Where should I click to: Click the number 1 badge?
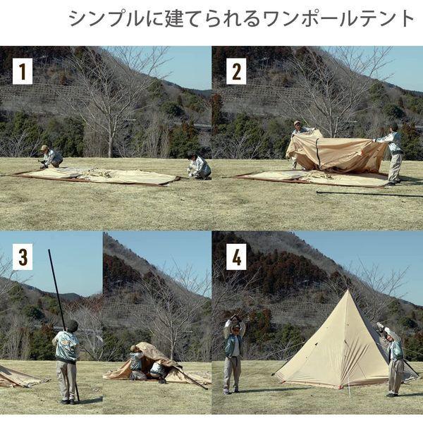click(23, 71)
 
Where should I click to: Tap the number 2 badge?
click(236, 71)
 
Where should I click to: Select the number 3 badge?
click(23, 257)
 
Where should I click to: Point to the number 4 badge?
click(236, 257)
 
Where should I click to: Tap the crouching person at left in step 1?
click(50, 157)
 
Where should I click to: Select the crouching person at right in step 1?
click(199, 166)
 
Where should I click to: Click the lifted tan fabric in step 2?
click(337, 153)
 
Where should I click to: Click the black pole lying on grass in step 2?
click(367, 193)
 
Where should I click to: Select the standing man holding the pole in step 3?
click(68, 360)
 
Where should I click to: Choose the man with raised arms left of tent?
click(233, 352)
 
